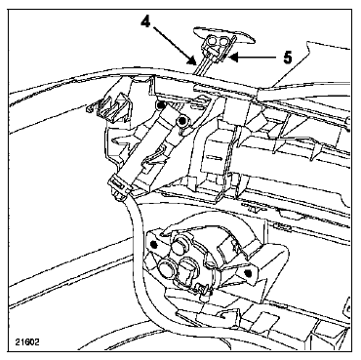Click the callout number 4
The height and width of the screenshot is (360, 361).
(145, 22)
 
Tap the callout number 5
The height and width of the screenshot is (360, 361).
(287, 58)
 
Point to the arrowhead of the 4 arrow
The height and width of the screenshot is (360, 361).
(193, 60)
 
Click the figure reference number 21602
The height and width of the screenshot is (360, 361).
(27, 342)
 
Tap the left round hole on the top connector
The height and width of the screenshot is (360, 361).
(212, 41)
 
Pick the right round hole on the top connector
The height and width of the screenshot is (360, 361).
(223, 41)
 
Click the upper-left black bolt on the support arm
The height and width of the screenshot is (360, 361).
(160, 105)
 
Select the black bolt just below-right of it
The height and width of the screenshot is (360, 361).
(180, 122)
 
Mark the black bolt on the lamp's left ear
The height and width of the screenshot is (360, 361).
(154, 244)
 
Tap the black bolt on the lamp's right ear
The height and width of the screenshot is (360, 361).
(248, 272)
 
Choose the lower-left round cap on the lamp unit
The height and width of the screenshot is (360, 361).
(166, 267)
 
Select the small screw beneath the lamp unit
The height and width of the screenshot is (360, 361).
(202, 289)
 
